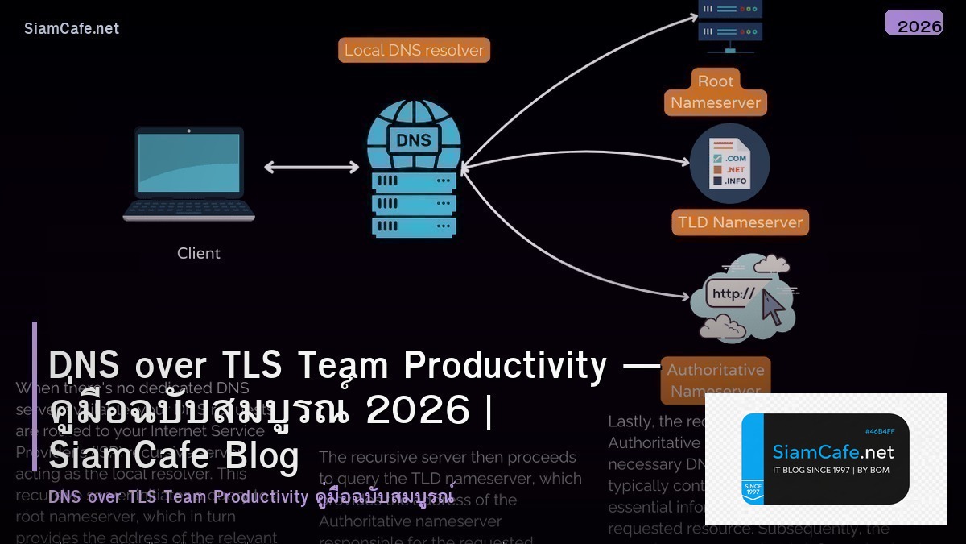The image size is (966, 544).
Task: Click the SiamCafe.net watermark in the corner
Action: tap(72, 28)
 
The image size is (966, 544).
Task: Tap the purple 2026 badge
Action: tap(914, 23)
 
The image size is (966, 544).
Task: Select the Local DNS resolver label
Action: tap(414, 50)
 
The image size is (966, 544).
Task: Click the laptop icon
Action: tap(189, 173)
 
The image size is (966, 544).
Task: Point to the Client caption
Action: tap(198, 253)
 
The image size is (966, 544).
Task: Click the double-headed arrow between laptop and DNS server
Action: tap(312, 168)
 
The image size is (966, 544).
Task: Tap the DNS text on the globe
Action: tap(414, 139)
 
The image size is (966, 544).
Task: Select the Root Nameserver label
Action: tap(716, 92)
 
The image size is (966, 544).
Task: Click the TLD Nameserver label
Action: tap(740, 222)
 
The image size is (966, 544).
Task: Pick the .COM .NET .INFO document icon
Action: tap(729, 164)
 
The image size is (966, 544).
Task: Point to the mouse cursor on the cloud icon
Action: tap(772, 307)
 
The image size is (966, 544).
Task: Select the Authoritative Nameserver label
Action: tap(716, 380)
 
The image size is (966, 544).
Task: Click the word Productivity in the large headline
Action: tap(505, 365)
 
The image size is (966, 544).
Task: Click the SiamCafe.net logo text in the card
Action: tap(833, 452)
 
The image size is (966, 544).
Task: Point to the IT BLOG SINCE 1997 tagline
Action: tap(831, 470)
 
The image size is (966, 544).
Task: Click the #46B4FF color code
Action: tap(879, 431)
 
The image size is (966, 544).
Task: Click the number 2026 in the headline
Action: tap(418, 410)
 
